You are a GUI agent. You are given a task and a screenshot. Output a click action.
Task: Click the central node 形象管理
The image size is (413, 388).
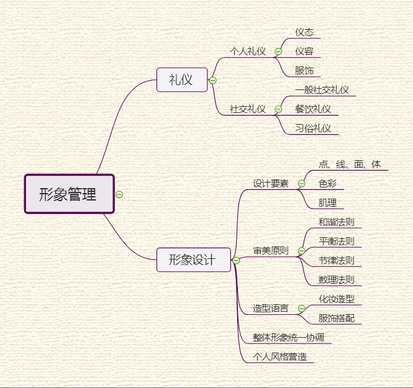click(x=69, y=194)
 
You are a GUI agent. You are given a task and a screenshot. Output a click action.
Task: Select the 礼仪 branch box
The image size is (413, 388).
click(x=181, y=79)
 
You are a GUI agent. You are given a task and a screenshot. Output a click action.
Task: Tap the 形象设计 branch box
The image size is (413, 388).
click(x=193, y=259)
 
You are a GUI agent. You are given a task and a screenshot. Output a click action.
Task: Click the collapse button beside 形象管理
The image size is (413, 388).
click(x=119, y=194)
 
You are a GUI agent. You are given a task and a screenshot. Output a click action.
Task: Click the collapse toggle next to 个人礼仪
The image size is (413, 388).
click(x=278, y=52)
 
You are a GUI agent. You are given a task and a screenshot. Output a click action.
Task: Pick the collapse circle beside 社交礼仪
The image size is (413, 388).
click(x=278, y=109)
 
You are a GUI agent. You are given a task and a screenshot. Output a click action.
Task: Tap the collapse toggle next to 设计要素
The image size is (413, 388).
click(x=301, y=184)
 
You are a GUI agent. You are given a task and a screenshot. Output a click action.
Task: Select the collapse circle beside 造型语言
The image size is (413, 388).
click(x=301, y=309)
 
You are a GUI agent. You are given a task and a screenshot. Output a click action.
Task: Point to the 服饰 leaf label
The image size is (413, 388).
click(x=304, y=71)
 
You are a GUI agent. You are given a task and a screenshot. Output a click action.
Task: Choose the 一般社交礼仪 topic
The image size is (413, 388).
click(x=322, y=90)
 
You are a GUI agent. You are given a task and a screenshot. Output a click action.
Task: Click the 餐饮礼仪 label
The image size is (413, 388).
click(x=313, y=109)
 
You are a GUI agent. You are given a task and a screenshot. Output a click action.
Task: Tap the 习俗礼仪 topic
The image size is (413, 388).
click(x=313, y=129)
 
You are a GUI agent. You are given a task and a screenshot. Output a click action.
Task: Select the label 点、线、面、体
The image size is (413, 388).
click(x=350, y=165)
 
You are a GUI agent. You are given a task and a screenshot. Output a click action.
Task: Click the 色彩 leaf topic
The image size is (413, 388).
click(x=327, y=184)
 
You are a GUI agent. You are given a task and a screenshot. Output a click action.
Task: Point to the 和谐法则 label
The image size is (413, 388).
click(x=336, y=222)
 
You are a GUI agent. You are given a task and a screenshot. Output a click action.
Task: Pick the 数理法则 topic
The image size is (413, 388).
click(x=336, y=279)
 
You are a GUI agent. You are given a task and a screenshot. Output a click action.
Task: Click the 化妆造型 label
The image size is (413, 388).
click(x=336, y=299)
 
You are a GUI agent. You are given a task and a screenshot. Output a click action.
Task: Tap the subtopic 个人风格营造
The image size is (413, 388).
click(x=279, y=357)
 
